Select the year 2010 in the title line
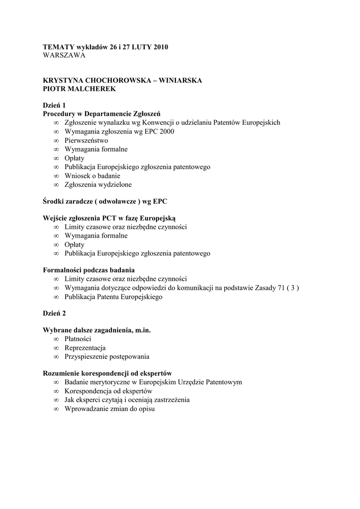161,47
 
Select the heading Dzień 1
54,105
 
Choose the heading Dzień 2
54,313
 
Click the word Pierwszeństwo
86,140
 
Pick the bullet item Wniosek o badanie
92,175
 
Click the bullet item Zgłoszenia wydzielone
98,184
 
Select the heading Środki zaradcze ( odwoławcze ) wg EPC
105,201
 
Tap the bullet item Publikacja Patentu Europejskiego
113,297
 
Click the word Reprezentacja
85,348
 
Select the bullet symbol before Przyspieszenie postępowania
56,357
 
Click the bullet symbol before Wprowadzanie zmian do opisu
56,409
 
